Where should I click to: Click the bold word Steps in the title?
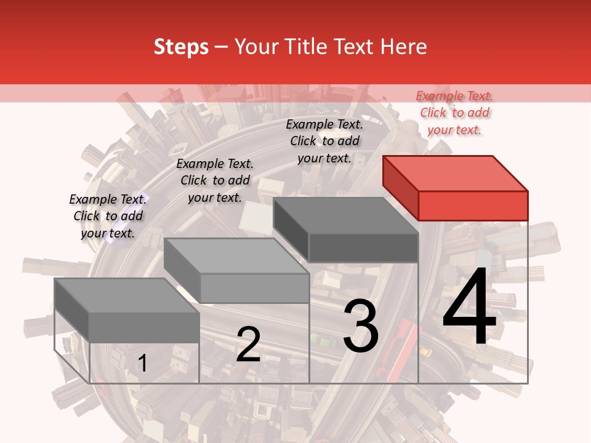pos(181,47)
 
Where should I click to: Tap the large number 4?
pos(469,308)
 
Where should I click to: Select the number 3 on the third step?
pos(361,327)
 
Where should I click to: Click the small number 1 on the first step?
pos(142,363)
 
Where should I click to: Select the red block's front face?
pos(473,206)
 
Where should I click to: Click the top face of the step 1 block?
pos(127,295)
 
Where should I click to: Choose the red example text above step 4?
pos(454,113)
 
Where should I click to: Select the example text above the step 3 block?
pos(324,141)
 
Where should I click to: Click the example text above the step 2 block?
pos(215,180)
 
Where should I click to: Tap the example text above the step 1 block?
pos(108,216)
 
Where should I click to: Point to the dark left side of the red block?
pos(400,187)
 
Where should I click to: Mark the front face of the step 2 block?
pos(254,288)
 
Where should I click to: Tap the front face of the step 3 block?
pos(363,247)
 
